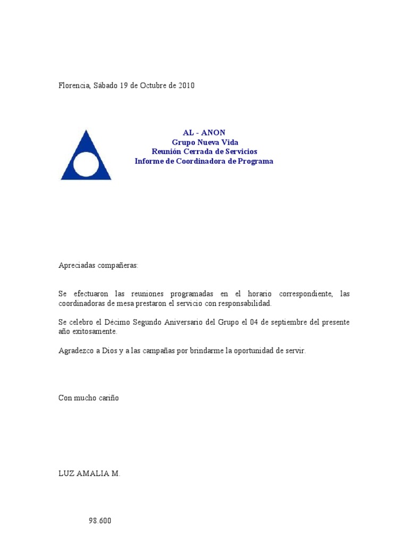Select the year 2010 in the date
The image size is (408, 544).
click(186, 86)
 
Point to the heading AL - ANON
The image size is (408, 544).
click(204, 133)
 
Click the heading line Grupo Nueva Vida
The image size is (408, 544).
click(205, 142)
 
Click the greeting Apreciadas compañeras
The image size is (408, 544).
click(98, 266)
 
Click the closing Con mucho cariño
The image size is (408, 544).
click(89, 398)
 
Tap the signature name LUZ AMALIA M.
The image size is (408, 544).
click(89, 474)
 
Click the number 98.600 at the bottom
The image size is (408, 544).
click(100, 521)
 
